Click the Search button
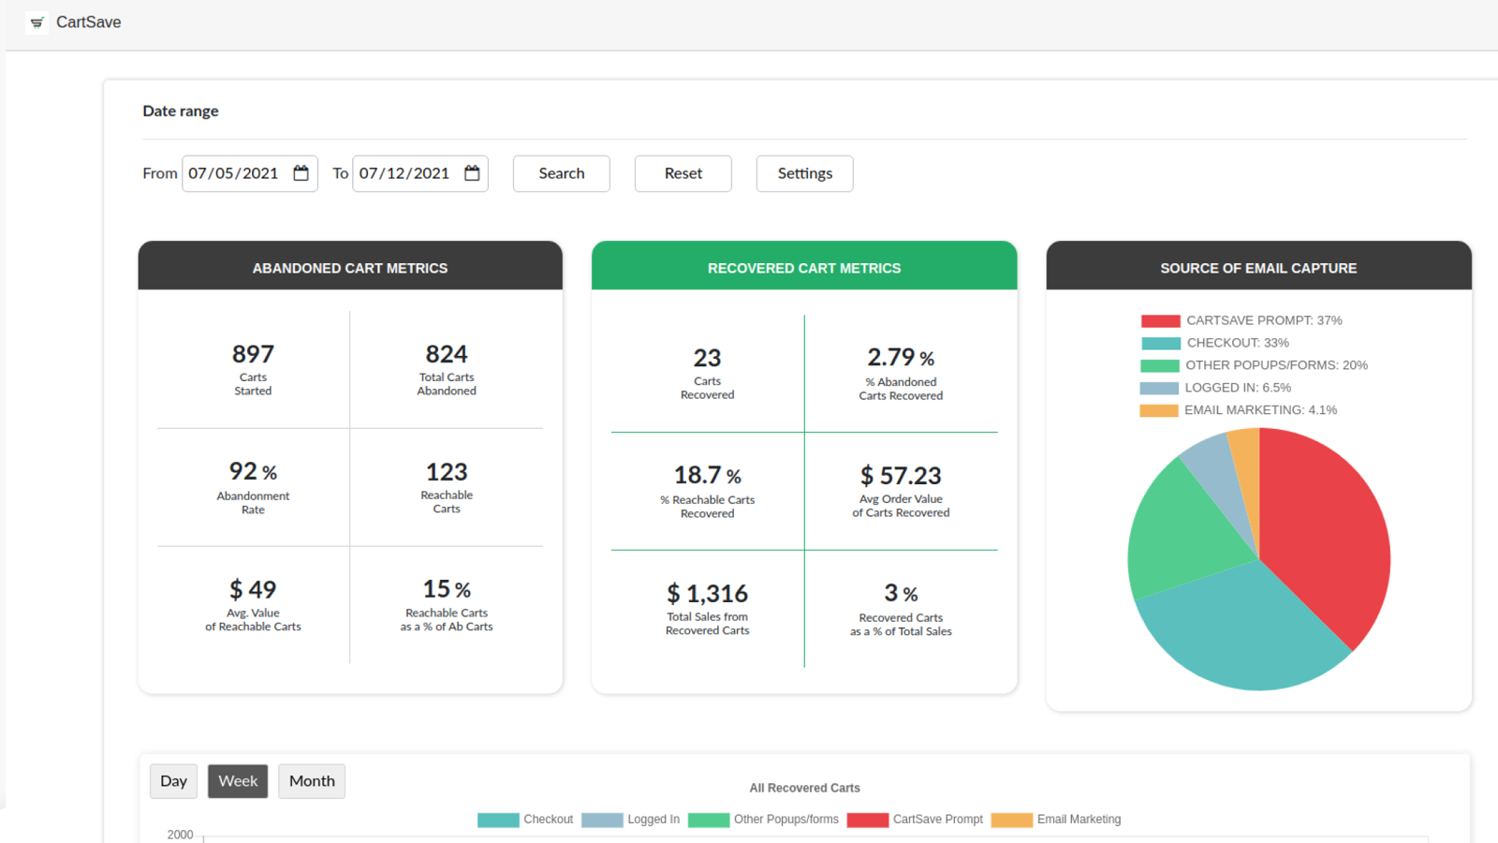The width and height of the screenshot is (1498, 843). [x=561, y=173]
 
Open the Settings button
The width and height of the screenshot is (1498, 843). [x=804, y=173]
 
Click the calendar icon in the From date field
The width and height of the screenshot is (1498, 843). [x=301, y=173]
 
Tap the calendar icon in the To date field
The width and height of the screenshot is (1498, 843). [x=472, y=173]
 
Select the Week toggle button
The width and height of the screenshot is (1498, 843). [x=238, y=781]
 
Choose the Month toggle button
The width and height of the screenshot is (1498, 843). [x=312, y=781]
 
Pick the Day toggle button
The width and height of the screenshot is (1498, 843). [x=173, y=781]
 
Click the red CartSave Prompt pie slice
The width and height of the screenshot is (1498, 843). [x=1329, y=534]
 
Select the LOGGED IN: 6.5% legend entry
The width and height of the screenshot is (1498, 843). [x=1237, y=388]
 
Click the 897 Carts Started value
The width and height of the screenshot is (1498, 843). [x=253, y=355]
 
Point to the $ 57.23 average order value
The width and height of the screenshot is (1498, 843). [x=901, y=476]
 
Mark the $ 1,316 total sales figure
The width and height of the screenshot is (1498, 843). [x=707, y=594]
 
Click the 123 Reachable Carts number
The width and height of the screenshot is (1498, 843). [x=447, y=472]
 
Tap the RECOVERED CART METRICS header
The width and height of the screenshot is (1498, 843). [x=804, y=268]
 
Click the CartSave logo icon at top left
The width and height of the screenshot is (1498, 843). [x=37, y=22]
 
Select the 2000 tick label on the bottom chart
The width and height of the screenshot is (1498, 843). [x=180, y=835]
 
